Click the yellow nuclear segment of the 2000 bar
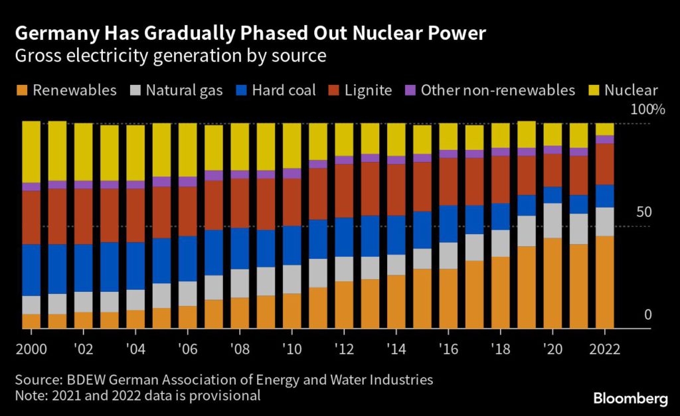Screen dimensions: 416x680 pos(31,152)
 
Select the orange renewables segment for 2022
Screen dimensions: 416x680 pos(604,282)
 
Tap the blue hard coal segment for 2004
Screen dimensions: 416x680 pos(135,265)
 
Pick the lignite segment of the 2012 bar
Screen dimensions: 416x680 pos(344,190)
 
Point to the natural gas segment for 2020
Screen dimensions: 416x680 pos(552,220)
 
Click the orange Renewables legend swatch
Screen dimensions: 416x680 pos(24,90)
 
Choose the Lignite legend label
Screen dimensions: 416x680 pos(368,90)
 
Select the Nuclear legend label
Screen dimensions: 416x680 pos(631,90)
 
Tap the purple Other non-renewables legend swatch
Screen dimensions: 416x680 pos(410,90)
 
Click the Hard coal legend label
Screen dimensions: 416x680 pos(284,90)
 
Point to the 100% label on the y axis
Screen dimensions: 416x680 pos(647,110)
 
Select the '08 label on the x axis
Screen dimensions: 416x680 pos(240,349)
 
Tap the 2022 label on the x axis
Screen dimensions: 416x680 pos(604,349)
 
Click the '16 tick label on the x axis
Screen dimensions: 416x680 pos(448,349)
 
